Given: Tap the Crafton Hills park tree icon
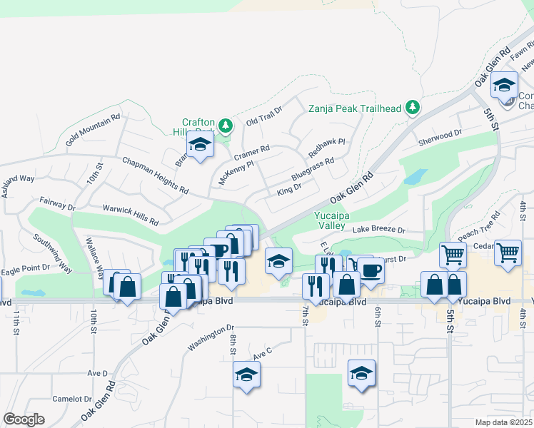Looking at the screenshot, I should click(x=226, y=126).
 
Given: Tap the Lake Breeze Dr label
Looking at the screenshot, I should click(x=378, y=230).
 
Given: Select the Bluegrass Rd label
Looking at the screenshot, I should click(x=313, y=170).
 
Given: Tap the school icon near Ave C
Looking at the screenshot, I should click(x=246, y=375).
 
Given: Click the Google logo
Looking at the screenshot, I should click(x=24, y=419).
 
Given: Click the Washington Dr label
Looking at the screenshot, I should click(x=211, y=338).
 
